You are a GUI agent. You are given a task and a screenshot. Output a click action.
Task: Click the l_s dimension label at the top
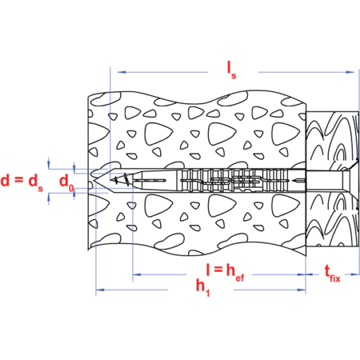(232, 71)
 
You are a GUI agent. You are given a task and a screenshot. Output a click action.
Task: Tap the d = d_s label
(22, 181)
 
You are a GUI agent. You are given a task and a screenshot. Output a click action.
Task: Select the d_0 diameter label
(66, 182)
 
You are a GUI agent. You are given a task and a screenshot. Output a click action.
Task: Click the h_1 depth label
(203, 287)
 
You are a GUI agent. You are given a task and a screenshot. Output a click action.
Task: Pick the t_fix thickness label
(332, 274)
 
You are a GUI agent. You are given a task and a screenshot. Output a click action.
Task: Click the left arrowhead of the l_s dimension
(121, 72)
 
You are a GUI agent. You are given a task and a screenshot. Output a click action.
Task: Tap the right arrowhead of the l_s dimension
(350, 72)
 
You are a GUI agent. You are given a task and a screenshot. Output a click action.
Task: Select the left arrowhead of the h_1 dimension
(100, 289)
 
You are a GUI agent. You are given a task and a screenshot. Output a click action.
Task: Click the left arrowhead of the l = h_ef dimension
(137, 275)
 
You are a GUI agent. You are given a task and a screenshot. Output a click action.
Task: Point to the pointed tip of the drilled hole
(94, 181)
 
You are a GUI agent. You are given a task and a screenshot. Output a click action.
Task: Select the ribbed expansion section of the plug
(234, 181)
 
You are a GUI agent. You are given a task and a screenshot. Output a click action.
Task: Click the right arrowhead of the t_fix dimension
(355, 274)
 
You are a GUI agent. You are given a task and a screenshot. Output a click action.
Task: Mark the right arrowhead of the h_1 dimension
(301, 289)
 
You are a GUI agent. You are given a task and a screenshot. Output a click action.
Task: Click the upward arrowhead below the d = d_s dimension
(49, 197)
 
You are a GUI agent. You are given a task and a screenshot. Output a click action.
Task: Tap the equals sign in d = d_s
(18, 180)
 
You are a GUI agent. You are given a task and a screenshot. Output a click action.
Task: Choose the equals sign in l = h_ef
(218, 269)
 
